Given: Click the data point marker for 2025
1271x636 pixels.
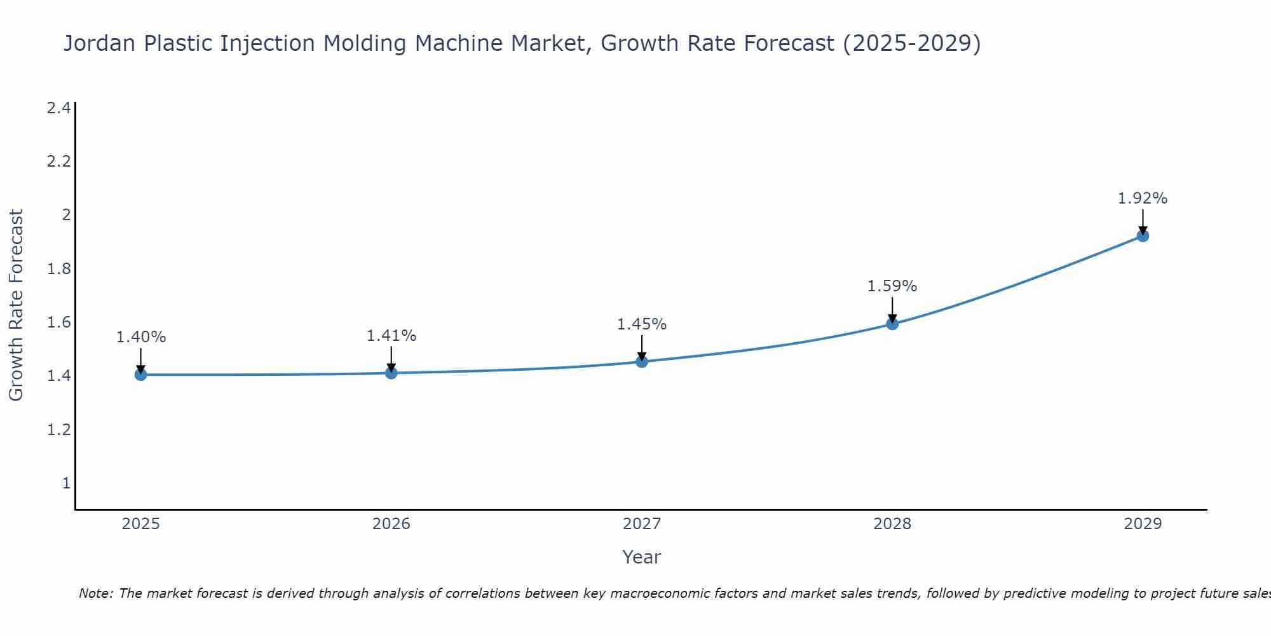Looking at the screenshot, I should [141, 375].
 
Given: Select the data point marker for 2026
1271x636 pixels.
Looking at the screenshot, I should [391, 373].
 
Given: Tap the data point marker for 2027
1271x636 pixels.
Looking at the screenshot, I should [642, 362].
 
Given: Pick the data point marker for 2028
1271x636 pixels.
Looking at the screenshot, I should [892, 324].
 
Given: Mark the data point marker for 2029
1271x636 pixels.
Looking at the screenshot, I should [1143, 236].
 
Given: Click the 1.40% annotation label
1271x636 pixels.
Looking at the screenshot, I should [141, 337].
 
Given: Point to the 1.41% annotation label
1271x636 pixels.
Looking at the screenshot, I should [391, 336].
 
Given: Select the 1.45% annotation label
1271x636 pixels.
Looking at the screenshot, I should [642, 324].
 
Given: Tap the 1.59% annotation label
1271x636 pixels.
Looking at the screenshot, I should [892, 286].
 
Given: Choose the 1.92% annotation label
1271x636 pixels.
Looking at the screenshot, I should [1143, 198].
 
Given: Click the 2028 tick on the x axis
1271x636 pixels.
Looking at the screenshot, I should [892, 524].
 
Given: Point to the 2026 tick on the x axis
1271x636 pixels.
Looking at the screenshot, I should [391, 524].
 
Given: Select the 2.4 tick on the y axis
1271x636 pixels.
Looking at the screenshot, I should [58, 108].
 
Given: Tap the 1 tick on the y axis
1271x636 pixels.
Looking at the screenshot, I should [66, 483].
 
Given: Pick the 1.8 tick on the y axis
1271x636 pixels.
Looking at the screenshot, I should [58, 269].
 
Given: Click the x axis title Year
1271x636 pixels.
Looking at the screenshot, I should [642, 557].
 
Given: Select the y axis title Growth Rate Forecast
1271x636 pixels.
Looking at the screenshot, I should [17, 305].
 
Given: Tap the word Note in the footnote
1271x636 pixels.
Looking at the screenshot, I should [95, 593].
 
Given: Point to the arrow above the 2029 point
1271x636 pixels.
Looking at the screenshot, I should [1143, 221].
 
